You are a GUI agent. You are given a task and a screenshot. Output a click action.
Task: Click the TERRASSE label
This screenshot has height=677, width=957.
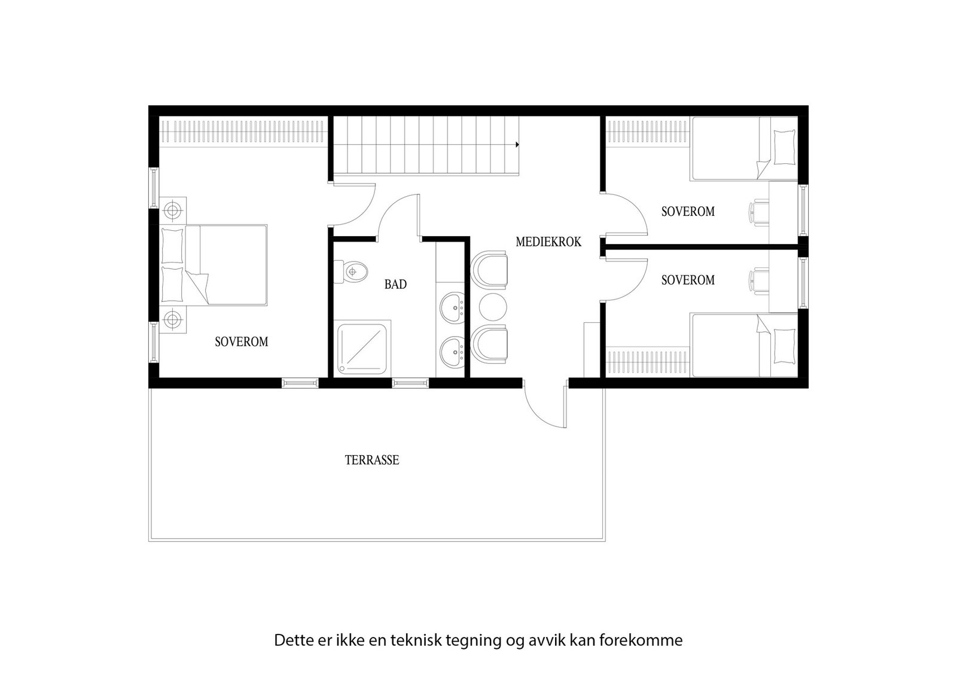point(371,460)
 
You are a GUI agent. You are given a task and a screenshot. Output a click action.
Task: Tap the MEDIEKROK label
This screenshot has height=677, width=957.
point(548,242)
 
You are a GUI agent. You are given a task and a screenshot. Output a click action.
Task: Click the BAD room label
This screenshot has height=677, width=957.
point(395,285)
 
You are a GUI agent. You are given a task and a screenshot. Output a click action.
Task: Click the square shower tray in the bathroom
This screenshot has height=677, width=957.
point(364,347)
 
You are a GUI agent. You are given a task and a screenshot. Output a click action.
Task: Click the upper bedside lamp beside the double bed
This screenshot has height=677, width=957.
point(173,211)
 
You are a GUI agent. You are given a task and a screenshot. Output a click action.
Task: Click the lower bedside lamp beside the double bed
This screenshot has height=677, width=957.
point(173,319)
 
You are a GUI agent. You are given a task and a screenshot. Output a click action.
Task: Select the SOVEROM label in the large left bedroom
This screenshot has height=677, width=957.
point(241,341)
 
